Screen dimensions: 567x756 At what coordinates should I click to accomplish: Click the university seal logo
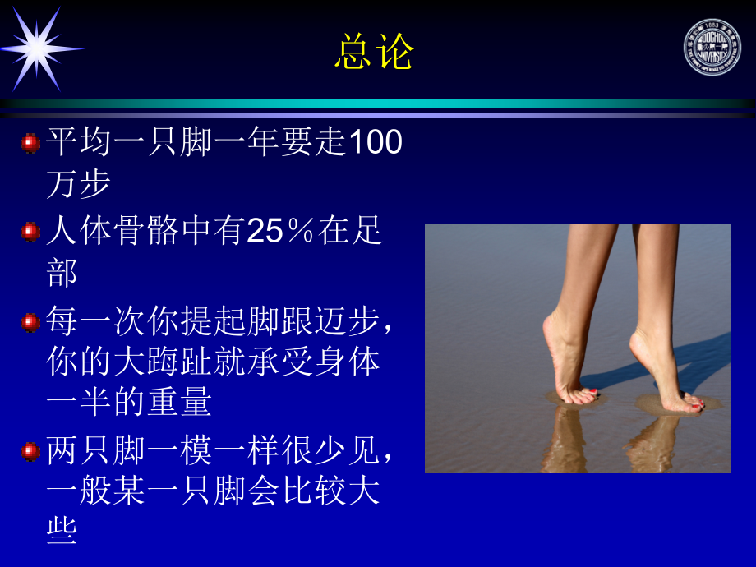[x=712, y=47]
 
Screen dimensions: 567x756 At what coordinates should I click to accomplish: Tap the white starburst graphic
[x=39, y=48]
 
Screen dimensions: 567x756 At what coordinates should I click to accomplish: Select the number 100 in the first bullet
[x=376, y=142]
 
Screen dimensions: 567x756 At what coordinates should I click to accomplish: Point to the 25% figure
[x=281, y=232]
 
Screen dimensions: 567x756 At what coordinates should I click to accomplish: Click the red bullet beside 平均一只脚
[x=30, y=143]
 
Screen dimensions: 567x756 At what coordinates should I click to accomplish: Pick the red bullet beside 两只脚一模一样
[x=30, y=451]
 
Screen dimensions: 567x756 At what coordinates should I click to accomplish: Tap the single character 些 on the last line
[x=62, y=532]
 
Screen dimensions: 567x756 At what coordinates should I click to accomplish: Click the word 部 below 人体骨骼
[x=62, y=274]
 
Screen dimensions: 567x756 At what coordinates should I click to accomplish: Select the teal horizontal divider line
[x=378, y=104]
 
